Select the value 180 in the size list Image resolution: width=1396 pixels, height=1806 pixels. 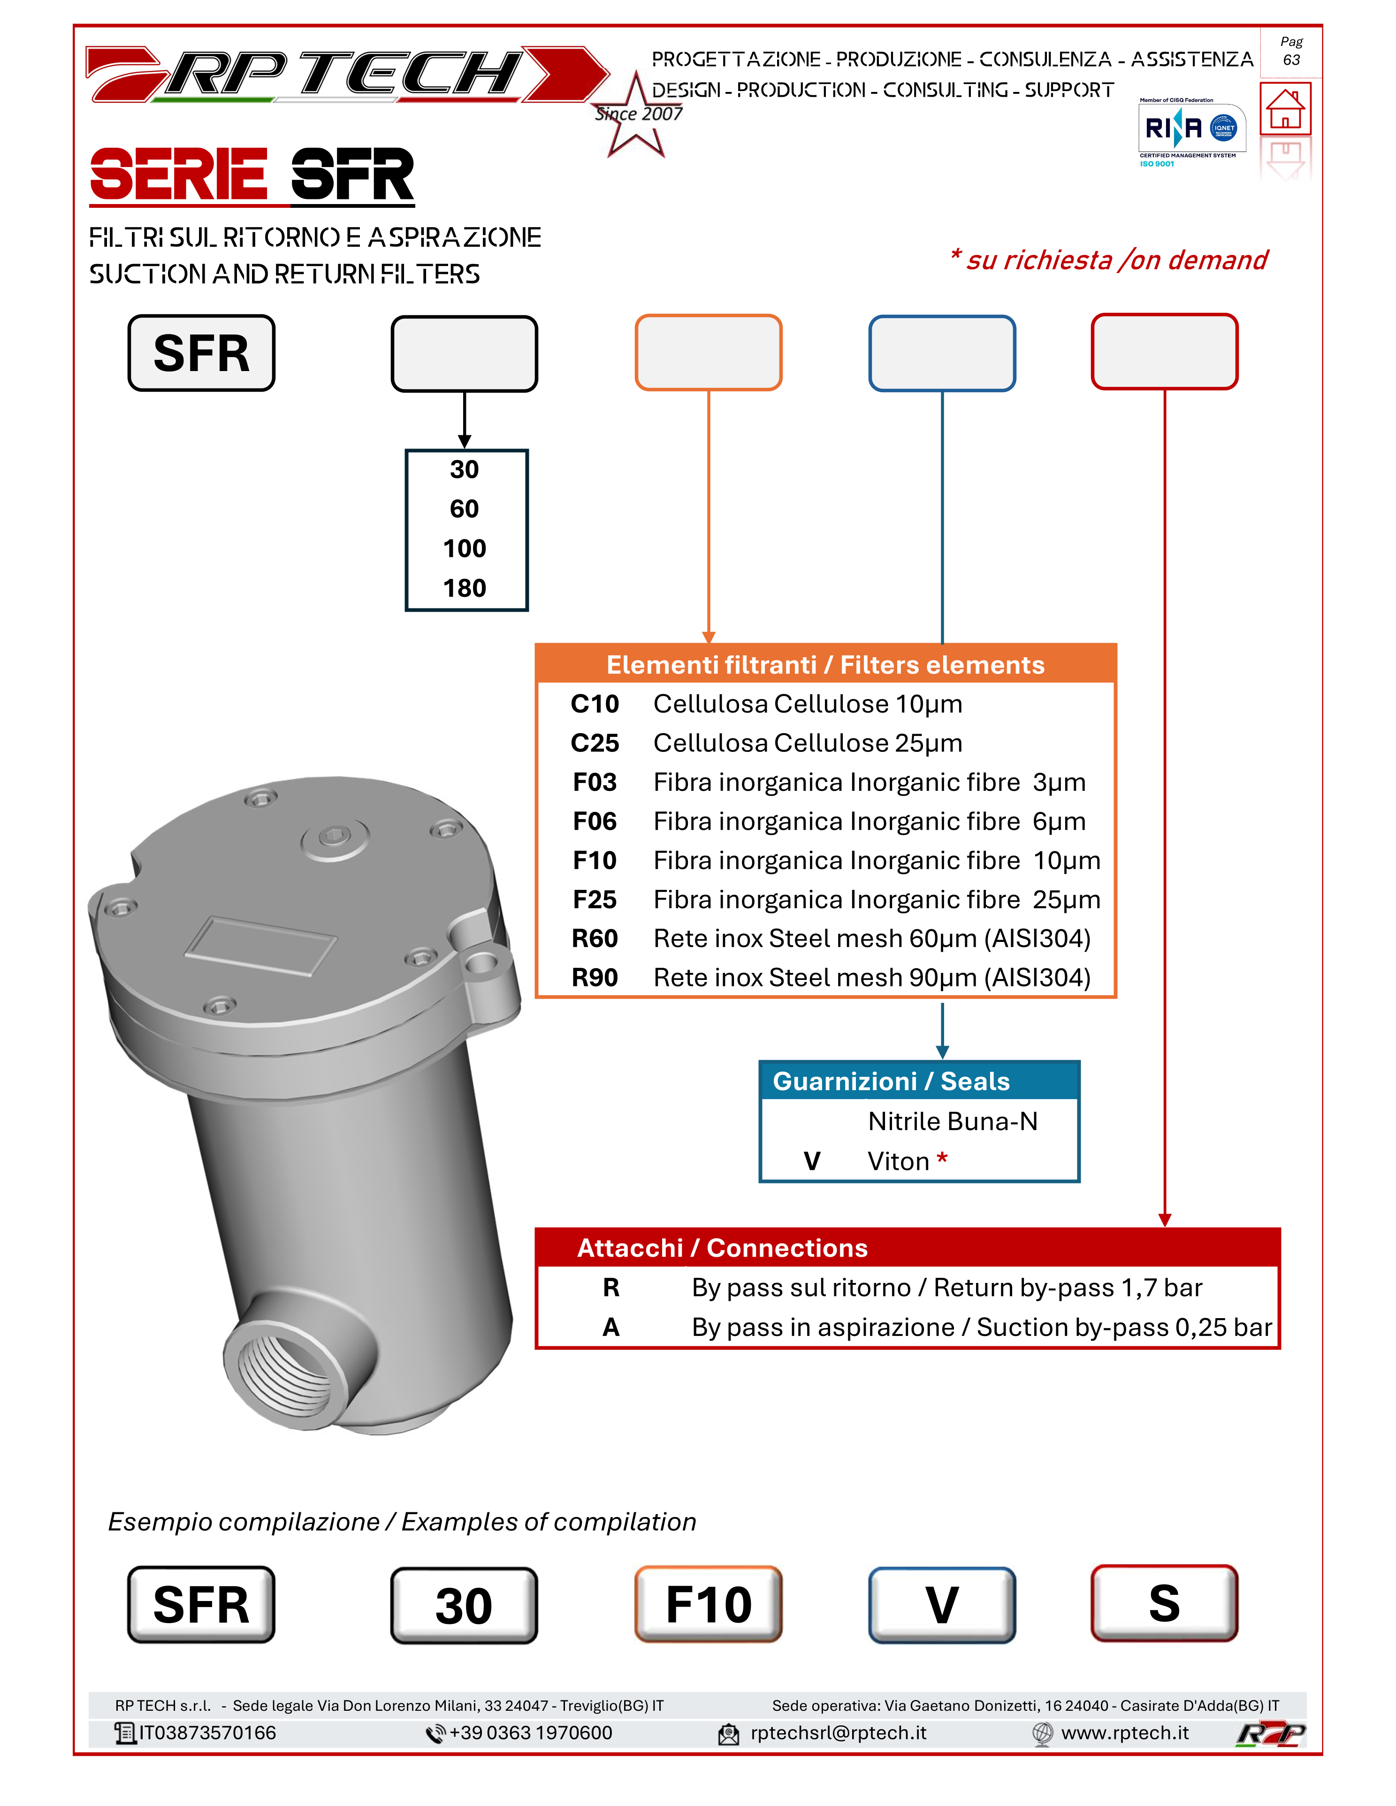click(x=465, y=588)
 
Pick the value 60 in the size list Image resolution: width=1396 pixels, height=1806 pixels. click(x=465, y=508)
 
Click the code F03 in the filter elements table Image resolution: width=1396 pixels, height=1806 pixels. click(x=595, y=782)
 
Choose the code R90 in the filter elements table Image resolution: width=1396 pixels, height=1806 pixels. click(x=595, y=978)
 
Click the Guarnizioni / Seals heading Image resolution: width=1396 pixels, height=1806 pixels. click(x=891, y=1081)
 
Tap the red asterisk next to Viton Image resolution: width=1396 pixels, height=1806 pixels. click(x=941, y=1159)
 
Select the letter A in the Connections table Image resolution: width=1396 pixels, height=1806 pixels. click(x=610, y=1327)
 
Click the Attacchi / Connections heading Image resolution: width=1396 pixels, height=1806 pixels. click(x=722, y=1248)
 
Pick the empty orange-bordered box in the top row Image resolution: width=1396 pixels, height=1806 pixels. click(x=708, y=352)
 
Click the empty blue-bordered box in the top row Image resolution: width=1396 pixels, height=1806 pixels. click(x=941, y=352)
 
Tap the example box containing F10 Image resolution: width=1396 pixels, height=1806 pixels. click(x=708, y=1604)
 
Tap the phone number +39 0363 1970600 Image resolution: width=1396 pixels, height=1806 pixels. click(x=530, y=1732)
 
